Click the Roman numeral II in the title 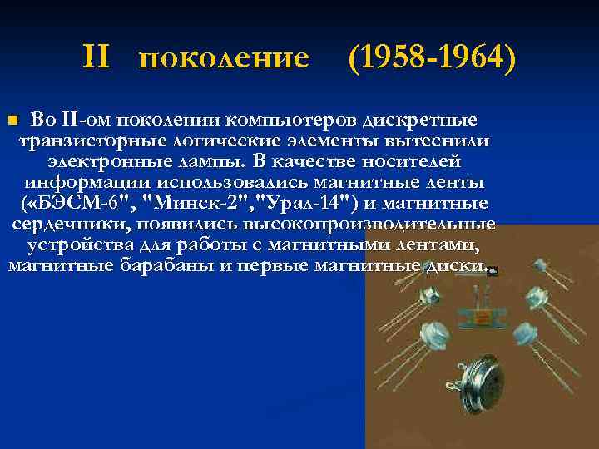point(97,57)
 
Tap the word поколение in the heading point(224,58)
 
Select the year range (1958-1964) point(432,57)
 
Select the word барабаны point(187,265)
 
